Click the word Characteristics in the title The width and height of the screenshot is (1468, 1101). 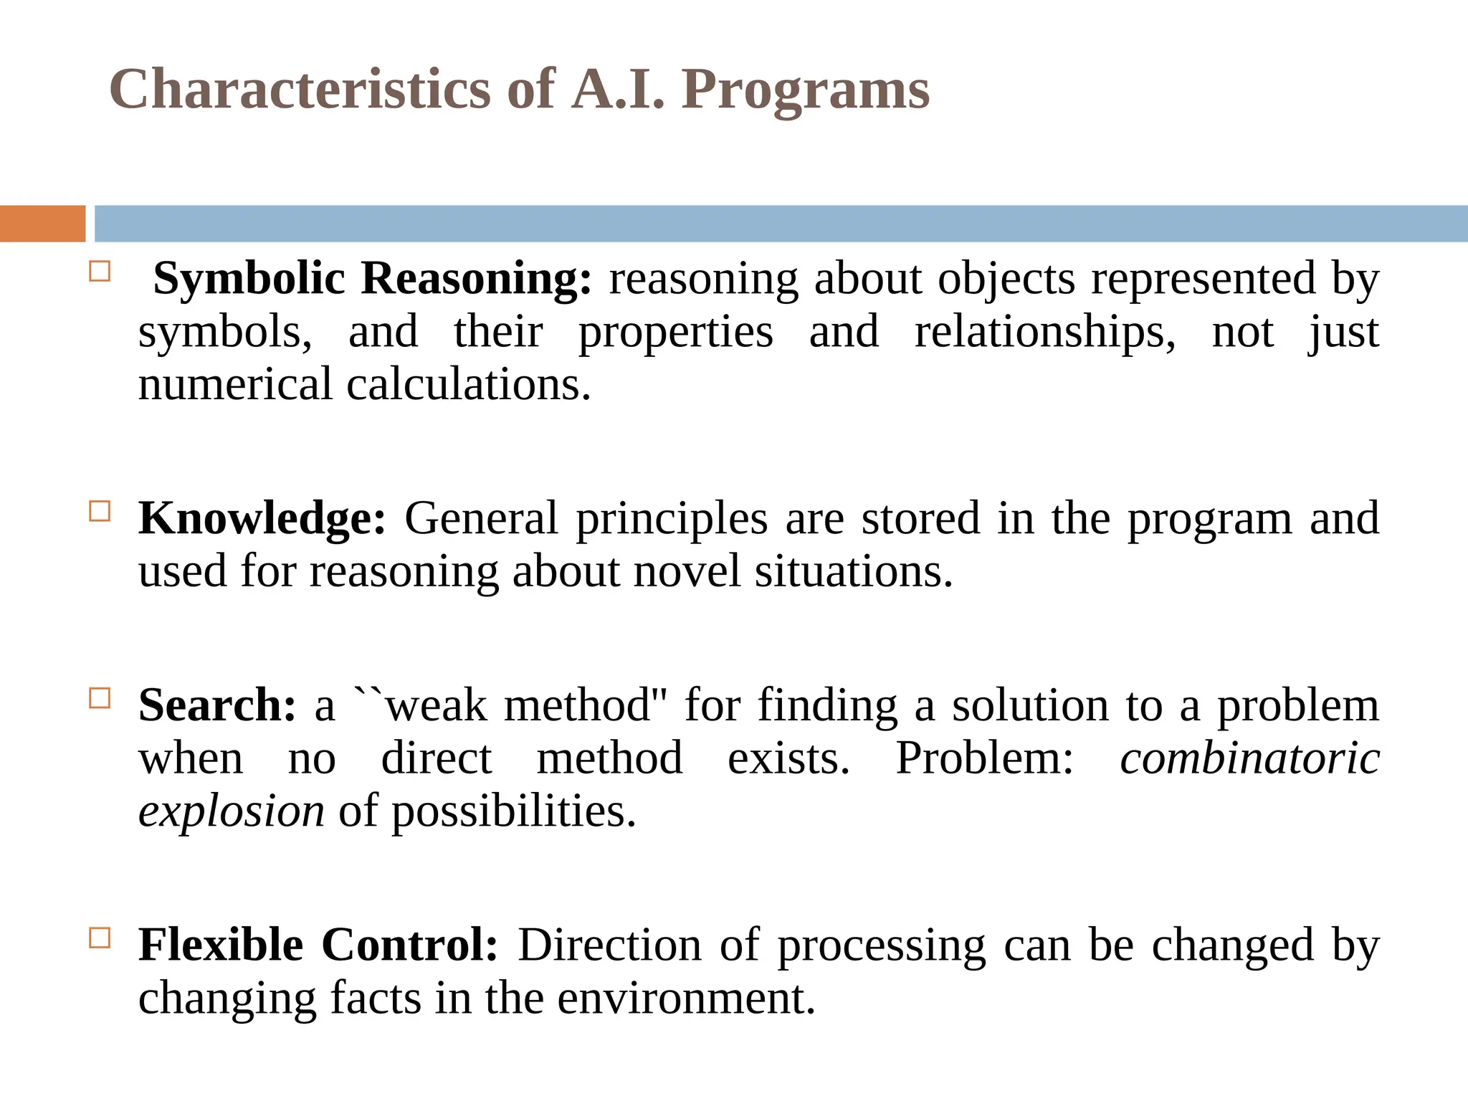click(300, 90)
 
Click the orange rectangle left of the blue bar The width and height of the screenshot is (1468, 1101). click(42, 224)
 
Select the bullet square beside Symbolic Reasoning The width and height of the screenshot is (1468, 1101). click(100, 272)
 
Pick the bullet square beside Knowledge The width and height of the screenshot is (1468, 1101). click(100, 511)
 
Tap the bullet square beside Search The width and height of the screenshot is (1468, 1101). click(100, 698)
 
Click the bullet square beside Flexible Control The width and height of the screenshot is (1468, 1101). click(100, 938)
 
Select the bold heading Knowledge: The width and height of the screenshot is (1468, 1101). click(262, 518)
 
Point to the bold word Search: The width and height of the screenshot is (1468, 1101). click(216, 705)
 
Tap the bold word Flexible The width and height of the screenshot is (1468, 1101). click(221, 945)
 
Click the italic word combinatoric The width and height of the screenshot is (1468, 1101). click(1249, 758)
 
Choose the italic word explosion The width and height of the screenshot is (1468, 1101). click(231, 811)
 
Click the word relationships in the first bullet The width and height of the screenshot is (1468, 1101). click(1044, 332)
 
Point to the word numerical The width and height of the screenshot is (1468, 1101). click(235, 385)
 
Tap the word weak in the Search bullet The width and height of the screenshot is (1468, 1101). click(436, 705)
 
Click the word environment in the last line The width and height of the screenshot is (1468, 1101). click(686, 998)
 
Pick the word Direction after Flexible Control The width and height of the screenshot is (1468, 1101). click(609, 945)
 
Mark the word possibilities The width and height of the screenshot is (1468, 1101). click(513, 811)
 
